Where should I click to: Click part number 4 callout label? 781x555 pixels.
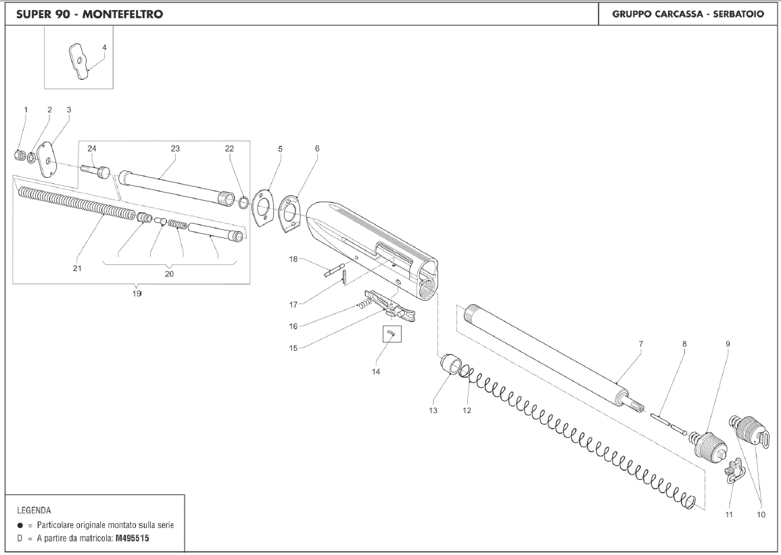point(105,48)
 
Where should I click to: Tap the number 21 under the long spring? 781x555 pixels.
point(77,268)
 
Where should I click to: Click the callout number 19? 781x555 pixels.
point(137,294)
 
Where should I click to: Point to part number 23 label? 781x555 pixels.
point(175,148)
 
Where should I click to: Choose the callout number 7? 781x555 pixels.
point(640,344)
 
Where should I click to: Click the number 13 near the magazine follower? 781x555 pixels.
point(433,410)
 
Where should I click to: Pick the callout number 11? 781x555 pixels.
point(729,514)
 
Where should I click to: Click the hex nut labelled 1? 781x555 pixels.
point(19,156)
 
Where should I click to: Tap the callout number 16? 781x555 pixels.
point(293,326)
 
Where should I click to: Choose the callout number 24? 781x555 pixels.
point(93,148)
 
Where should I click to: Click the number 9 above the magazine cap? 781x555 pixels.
point(728,344)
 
